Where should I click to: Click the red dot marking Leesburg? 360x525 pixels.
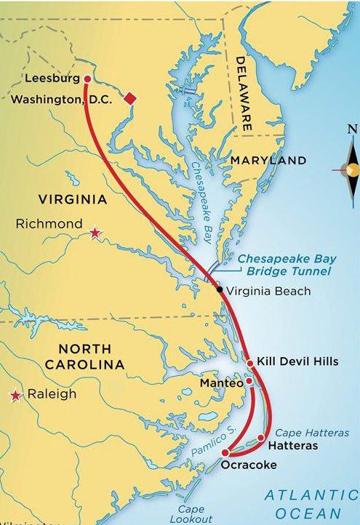87,79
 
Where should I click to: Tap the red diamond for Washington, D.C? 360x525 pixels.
129,99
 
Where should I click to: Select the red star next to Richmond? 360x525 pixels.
95,233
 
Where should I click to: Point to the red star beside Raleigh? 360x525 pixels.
15,396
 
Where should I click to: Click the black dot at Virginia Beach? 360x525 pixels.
220,289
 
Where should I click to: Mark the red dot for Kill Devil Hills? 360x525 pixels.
249,362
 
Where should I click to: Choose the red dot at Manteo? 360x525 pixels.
249,380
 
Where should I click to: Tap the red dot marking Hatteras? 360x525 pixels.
261,438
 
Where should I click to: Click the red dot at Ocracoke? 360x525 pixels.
225,453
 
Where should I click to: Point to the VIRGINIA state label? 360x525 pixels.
73,199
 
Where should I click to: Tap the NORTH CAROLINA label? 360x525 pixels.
81,356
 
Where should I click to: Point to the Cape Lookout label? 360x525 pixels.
186,514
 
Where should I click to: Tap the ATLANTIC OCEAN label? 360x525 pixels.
311,503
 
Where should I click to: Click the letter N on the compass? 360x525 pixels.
351,130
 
